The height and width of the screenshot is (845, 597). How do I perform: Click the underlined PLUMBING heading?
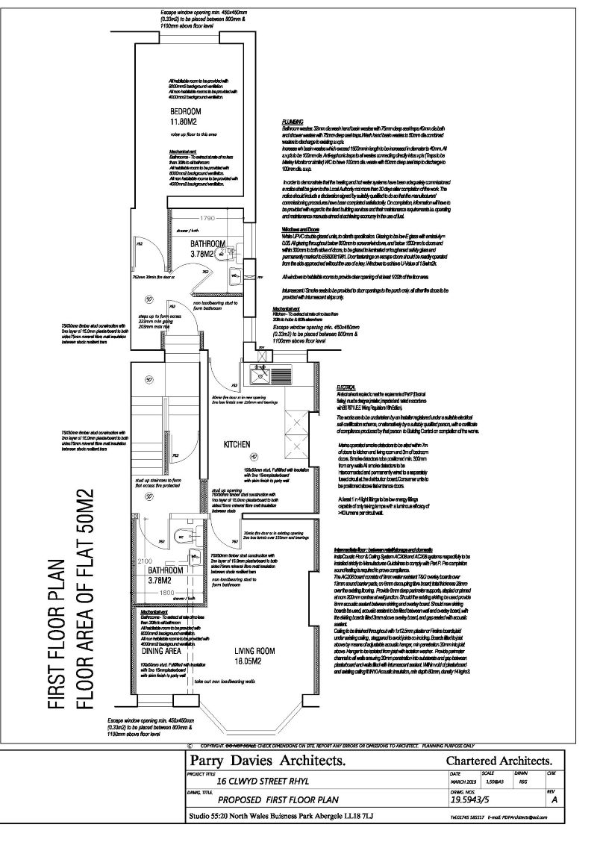(292, 120)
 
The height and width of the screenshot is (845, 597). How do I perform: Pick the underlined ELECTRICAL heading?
(347, 387)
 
